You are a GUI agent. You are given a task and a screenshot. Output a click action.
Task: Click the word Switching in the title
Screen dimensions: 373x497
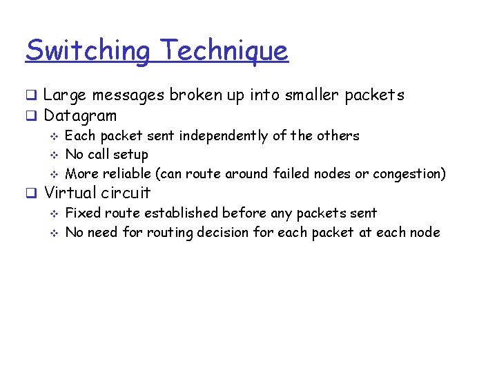(x=87, y=50)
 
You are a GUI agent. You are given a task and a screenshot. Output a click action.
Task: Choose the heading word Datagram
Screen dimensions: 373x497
(x=80, y=115)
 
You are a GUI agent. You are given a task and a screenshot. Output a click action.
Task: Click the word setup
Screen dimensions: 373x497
(x=130, y=155)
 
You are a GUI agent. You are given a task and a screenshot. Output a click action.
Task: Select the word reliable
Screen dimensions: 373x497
(x=129, y=173)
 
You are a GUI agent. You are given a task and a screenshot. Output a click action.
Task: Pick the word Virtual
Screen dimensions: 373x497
(x=70, y=193)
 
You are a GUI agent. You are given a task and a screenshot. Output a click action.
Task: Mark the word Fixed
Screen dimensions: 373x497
(x=82, y=213)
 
